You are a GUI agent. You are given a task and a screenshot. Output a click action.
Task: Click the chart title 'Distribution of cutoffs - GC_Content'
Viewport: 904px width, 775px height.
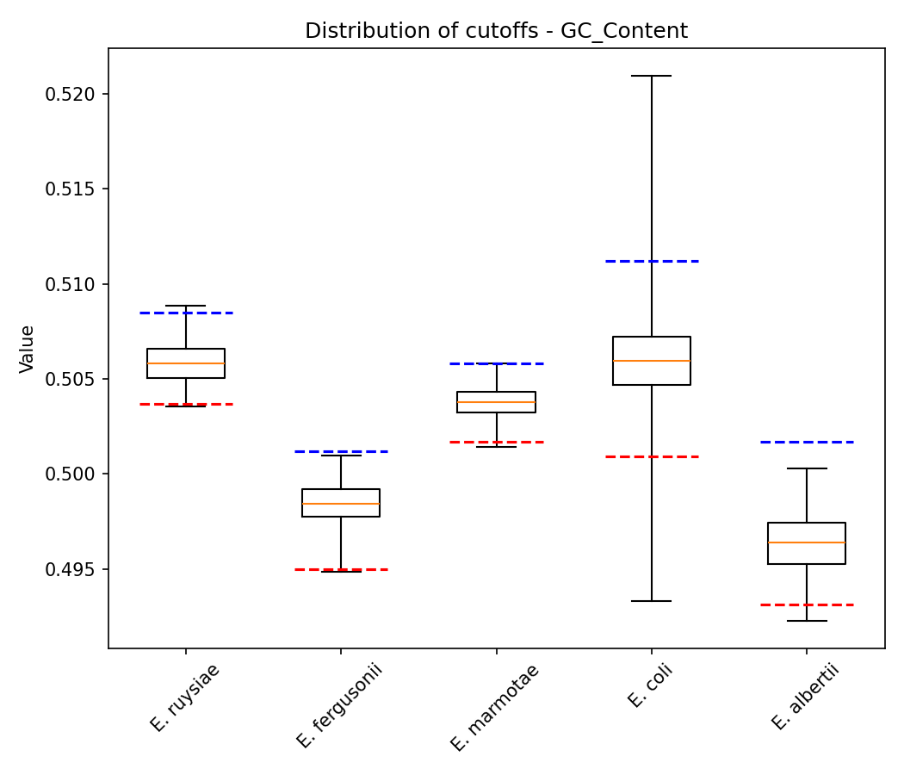click(496, 31)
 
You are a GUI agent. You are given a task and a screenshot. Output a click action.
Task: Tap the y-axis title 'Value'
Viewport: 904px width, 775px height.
click(27, 349)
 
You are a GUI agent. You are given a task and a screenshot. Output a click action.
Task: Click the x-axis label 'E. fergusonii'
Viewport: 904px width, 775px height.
click(338, 705)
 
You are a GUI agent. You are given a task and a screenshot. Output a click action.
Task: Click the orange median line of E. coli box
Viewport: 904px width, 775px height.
click(652, 360)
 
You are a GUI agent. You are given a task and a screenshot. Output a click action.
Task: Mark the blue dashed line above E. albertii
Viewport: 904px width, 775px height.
click(807, 442)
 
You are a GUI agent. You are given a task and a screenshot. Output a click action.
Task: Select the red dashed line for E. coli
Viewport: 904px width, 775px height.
click(652, 456)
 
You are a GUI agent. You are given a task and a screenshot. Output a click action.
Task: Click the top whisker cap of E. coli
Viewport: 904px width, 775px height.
click(652, 76)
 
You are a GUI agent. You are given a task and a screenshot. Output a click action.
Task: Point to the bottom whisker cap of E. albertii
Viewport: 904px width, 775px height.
click(807, 621)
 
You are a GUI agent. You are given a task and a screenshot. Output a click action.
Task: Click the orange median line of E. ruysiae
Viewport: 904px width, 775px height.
click(186, 363)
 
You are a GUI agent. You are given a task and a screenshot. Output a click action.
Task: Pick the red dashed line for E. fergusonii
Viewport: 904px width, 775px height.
click(341, 569)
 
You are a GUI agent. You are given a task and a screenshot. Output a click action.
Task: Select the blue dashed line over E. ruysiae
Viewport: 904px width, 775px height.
click(186, 313)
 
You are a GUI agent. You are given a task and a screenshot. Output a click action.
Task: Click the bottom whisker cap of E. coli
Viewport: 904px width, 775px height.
click(652, 601)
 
